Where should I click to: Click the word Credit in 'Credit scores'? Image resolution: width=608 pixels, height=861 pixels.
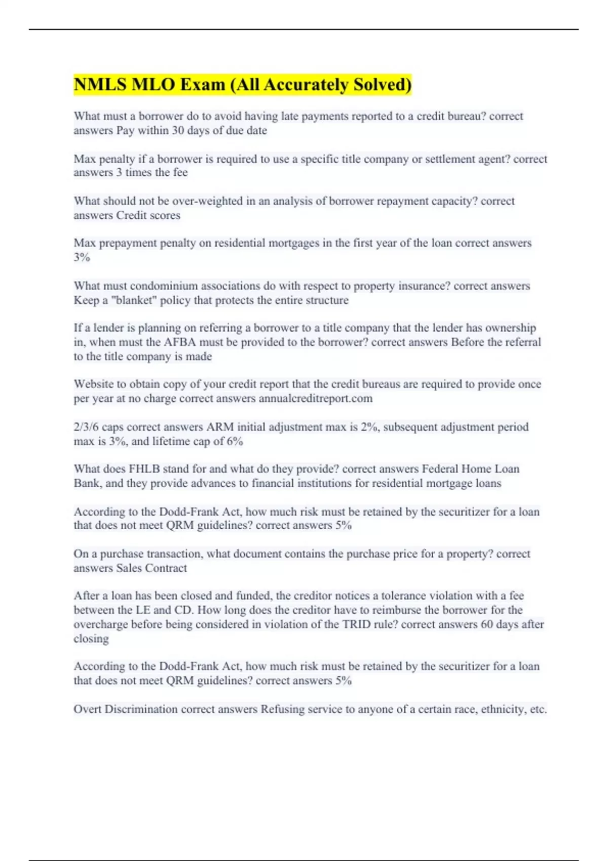[131, 215]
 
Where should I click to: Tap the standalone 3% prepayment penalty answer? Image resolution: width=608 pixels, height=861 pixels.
[82, 257]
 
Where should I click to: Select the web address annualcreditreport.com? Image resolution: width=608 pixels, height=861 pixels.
[316, 399]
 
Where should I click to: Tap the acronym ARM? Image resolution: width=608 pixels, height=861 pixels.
[220, 427]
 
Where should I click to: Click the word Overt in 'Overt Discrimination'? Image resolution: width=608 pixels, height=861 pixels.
[88, 709]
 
